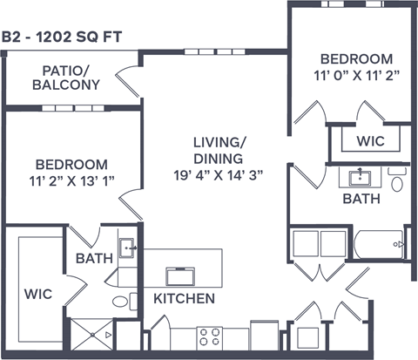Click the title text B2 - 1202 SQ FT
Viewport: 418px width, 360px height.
60,37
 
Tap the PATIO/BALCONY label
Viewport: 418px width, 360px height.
65,78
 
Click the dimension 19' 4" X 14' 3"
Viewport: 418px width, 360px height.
218,173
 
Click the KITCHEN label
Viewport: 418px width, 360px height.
184,299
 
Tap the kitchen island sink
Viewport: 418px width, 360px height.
180,276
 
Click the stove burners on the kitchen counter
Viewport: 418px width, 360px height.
208,336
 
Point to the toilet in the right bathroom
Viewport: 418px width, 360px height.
397,182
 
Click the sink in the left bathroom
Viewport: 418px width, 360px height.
127,248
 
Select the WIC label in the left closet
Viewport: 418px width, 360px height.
38,294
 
